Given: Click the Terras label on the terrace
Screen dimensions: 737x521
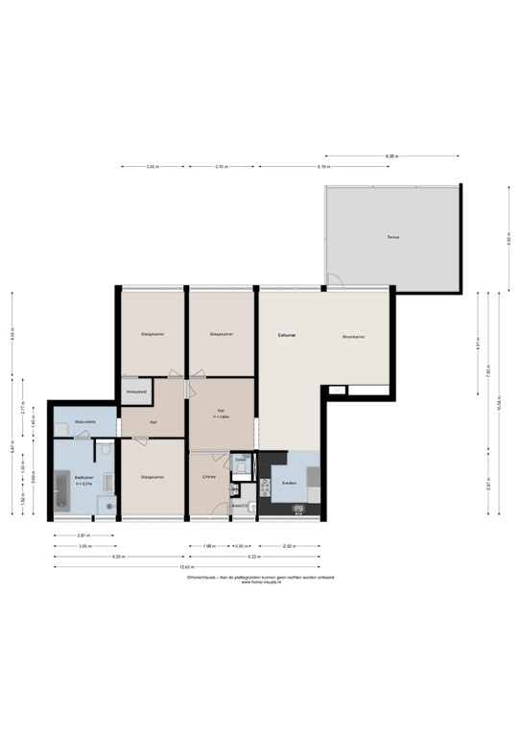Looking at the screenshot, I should (391, 237).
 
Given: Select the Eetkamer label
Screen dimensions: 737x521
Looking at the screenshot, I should (287, 336).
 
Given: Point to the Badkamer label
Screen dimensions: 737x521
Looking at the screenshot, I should (84, 478).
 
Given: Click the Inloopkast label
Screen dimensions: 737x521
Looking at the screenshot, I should (135, 392).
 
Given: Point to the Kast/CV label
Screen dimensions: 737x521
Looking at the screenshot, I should (240, 505).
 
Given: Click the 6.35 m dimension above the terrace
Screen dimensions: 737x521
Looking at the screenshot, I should (391, 155).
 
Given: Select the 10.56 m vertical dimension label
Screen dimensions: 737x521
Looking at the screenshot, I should (498, 403).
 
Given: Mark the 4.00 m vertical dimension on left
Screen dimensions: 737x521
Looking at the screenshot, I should (12, 336).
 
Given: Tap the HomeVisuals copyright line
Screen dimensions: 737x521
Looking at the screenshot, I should (260, 578).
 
